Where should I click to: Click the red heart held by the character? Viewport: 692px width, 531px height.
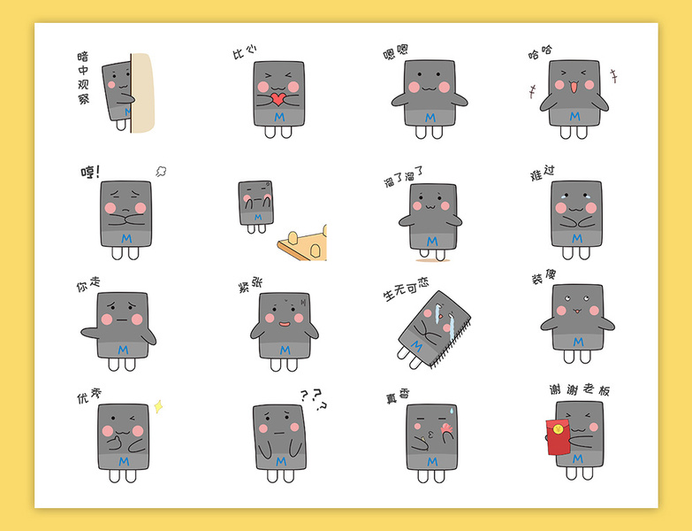coord(278,99)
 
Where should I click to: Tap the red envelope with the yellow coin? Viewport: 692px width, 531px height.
coord(558,437)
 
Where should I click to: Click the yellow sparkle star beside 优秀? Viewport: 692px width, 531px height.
coord(158,406)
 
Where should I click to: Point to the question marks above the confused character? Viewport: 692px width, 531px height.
coord(314,399)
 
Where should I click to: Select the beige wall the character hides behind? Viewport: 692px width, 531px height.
coord(143,93)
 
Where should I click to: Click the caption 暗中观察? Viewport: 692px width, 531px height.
coord(83,78)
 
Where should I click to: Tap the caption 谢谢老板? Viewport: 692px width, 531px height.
coord(580,389)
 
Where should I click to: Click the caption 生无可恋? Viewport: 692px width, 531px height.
coord(406,289)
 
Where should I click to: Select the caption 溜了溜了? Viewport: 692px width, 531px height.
coord(403,176)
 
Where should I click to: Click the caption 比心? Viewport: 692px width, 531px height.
coord(245,51)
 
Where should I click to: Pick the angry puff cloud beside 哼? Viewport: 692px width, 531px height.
coord(161,172)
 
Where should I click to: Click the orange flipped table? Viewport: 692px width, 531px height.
coord(303,244)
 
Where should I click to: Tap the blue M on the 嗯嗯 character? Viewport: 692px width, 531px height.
coord(430,118)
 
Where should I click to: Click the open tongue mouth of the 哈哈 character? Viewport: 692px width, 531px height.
coord(574,87)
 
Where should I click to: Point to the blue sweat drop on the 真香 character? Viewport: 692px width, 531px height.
coord(451,411)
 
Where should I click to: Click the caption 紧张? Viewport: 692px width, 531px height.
coord(250,284)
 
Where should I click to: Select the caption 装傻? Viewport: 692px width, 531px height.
coord(544,277)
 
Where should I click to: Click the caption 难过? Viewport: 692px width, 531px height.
coord(543,173)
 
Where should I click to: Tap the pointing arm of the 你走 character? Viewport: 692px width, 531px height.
coord(90,333)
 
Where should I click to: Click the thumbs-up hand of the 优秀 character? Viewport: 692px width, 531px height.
coord(115,442)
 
